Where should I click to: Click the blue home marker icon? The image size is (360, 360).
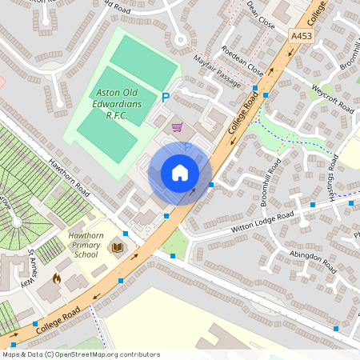pyautogui.click(x=180, y=173)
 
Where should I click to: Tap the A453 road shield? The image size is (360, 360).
pyautogui.click(x=302, y=37)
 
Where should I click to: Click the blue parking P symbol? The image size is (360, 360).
pyautogui.click(x=166, y=97)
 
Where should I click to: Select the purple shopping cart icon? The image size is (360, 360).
pyautogui.click(x=177, y=126)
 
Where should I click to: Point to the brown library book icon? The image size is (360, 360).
pyautogui.click(x=118, y=250)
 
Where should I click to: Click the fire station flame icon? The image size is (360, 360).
pyautogui.click(x=56, y=278)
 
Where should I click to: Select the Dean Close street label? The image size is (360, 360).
pyautogui.click(x=261, y=15)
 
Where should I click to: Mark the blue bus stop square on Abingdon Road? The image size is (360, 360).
pyautogui.click(x=336, y=329)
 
